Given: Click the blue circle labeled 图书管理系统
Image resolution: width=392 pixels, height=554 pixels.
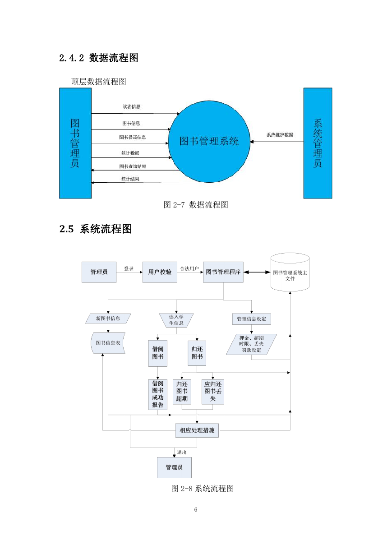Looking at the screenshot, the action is tap(209, 142).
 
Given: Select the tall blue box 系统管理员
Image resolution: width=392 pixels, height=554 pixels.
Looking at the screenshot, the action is tap(318, 143).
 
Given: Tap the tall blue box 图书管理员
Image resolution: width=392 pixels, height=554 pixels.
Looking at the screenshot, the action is tap(75, 143).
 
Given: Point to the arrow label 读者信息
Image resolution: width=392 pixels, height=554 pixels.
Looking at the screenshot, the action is tap(132, 106).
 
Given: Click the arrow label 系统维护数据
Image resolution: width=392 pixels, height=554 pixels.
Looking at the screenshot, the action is tap(280, 135).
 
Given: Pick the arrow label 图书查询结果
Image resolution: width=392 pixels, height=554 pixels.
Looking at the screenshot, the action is tap(133, 166).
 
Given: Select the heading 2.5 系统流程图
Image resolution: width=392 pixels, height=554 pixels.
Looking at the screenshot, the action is tap(96, 229).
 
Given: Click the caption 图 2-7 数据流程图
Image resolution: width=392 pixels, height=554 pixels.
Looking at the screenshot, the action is tap(196, 205).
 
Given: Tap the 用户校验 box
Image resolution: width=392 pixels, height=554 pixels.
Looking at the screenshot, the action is tap(160, 272).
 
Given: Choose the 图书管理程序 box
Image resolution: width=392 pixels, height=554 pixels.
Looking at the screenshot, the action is tap(223, 272).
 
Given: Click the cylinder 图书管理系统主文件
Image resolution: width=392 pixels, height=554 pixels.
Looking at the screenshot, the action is tap(290, 272).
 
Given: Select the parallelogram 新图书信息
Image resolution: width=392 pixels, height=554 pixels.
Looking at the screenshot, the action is tap(108, 319).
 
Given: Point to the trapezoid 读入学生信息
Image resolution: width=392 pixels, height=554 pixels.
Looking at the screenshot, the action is tap(176, 320).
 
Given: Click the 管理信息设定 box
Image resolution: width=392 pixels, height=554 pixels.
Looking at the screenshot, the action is tap(252, 319).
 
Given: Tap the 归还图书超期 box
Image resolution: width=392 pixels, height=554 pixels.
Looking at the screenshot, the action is tap(182, 392).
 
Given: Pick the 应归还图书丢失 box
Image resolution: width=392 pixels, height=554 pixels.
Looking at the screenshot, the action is tap(213, 392).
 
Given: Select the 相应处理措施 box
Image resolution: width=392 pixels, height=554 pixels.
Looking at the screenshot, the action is tap(197, 430).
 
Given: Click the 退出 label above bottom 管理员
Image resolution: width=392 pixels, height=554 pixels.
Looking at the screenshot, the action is tap(182, 452).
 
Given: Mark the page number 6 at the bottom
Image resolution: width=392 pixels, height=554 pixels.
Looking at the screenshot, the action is tap(196, 509).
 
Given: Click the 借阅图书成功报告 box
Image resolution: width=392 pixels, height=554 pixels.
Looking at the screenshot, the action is tap(158, 394).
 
